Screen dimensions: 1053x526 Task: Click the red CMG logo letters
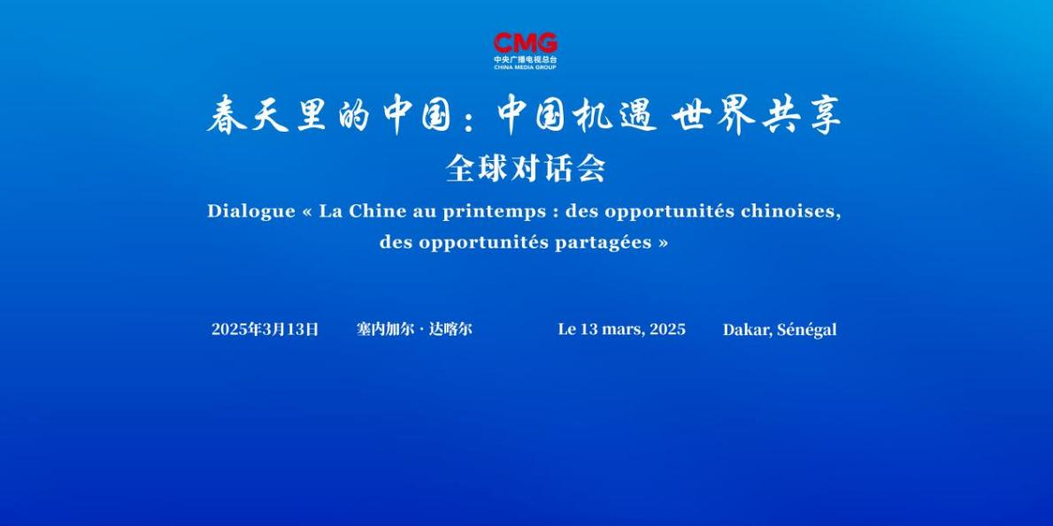tap(525, 43)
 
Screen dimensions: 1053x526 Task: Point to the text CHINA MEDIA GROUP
tap(525, 68)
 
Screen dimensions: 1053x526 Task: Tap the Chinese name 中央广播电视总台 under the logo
tap(525, 60)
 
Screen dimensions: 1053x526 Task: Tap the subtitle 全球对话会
tap(526, 169)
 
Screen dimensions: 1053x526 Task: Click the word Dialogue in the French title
tap(251, 211)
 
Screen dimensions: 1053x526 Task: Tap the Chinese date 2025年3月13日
tap(265, 330)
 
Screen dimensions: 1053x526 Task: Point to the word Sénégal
tap(807, 330)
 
